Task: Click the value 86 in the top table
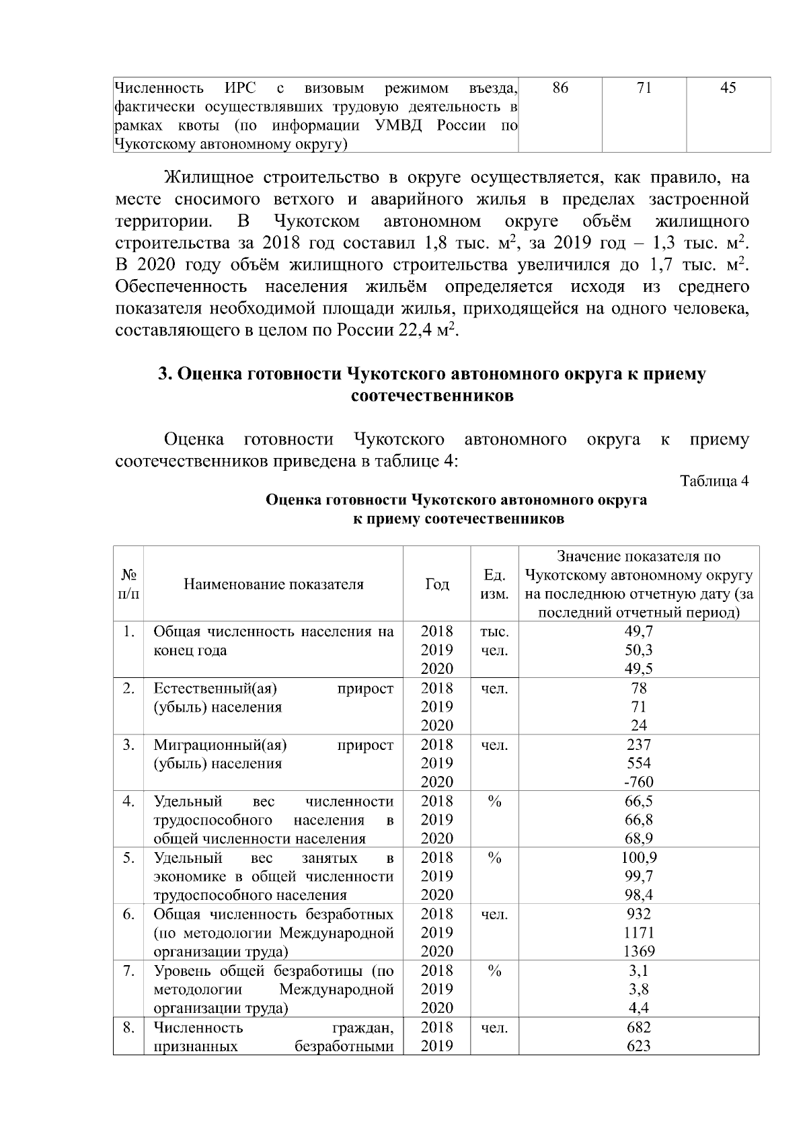pos(560,88)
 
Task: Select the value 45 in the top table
pos(728,88)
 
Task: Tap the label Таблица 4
pos(714,482)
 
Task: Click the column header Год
pos(436,584)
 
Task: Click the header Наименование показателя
pos(273,584)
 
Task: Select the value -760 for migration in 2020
pos(638,782)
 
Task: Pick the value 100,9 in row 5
pos(638,858)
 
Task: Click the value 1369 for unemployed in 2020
pos(638,951)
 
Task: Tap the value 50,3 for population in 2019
pos(638,650)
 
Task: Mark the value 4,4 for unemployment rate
pos(638,1007)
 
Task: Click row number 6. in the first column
pos(129,914)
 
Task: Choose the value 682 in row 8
pos(638,1027)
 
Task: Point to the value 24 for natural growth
pos(638,725)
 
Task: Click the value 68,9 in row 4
pos(638,838)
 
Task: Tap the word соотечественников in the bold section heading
pos(432,396)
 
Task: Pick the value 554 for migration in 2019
pos(638,763)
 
